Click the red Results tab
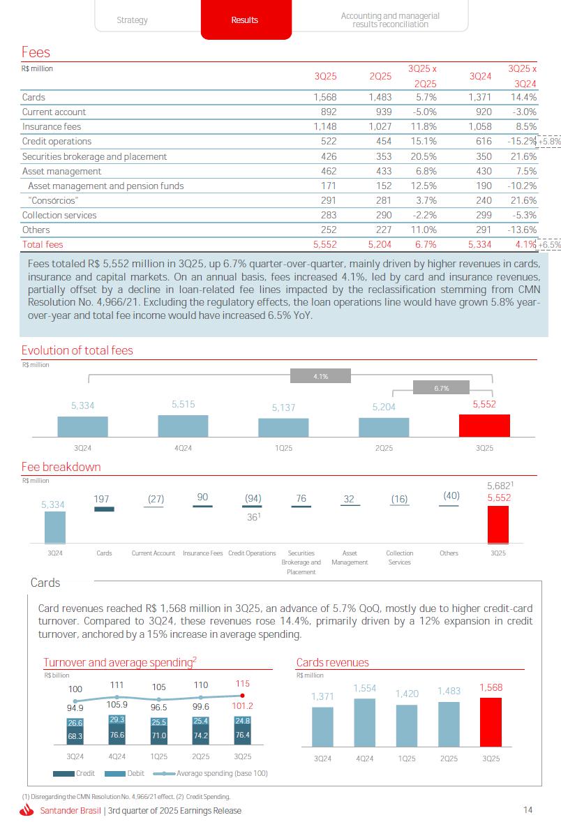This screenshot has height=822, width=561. click(x=244, y=20)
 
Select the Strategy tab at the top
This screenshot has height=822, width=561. click(x=132, y=20)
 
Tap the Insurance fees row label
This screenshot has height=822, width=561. click(x=52, y=127)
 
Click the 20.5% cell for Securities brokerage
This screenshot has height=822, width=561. click(x=424, y=157)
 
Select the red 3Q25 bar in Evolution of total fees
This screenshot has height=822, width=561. click(x=484, y=426)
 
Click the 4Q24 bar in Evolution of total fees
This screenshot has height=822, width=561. click(x=183, y=426)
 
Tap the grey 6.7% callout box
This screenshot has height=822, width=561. click(x=441, y=388)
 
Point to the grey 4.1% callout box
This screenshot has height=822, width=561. click(x=320, y=376)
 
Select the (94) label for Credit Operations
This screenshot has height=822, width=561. click(x=253, y=498)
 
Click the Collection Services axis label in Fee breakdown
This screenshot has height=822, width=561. click(x=399, y=558)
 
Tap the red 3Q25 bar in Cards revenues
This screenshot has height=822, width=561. click(x=491, y=721)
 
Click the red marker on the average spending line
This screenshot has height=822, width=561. click(x=242, y=695)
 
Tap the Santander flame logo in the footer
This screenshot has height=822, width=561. click(x=27, y=810)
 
